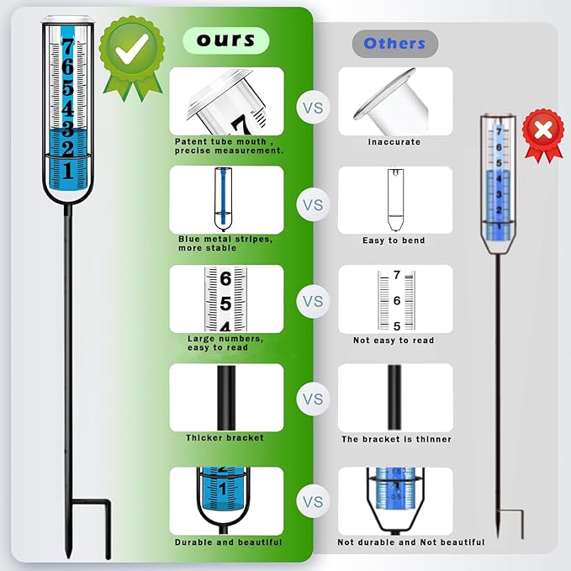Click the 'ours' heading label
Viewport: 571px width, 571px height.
[x=225, y=40]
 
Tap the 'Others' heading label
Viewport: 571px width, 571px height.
[x=394, y=44]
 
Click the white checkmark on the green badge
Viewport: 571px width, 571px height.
[x=132, y=49]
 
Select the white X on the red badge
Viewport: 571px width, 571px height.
[x=543, y=130]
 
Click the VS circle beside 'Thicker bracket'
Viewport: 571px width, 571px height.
[x=313, y=399]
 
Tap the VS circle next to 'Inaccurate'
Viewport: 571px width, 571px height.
[x=313, y=108]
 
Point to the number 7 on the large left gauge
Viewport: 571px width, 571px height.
[x=68, y=47]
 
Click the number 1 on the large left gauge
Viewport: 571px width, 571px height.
[x=68, y=171]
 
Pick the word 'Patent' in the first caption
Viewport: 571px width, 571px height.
[x=189, y=141]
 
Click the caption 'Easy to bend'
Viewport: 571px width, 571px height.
[x=394, y=241]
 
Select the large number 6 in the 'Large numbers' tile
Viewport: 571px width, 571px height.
[x=225, y=279]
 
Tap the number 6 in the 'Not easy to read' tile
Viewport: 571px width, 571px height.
[x=397, y=300]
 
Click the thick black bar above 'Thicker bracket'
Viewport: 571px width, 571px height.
[x=226, y=398]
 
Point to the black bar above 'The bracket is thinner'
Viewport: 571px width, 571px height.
[x=394, y=397]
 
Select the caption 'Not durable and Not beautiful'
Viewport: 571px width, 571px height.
[x=411, y=542]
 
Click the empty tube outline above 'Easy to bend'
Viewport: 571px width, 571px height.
[x=395, y=199]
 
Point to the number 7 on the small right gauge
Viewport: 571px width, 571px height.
[x=499, y=132]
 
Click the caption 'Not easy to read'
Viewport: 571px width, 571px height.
[x=394, y=341]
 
